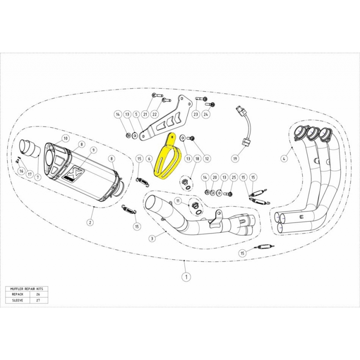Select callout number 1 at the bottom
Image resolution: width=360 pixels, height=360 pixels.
point(184,277)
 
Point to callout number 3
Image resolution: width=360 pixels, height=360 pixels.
point(284,158)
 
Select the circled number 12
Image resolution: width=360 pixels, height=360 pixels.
point(207,158)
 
